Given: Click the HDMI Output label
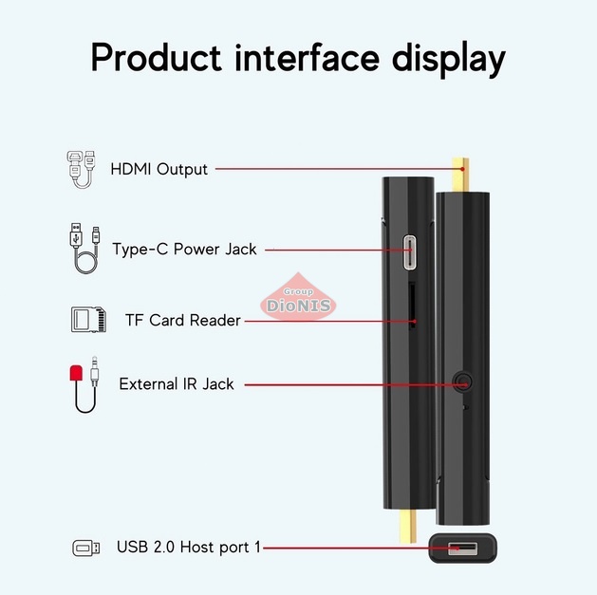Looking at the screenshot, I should tap(159, 170).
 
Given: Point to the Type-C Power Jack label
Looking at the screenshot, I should tap(184, 250).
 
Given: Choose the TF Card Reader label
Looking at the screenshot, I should tap(182, 321).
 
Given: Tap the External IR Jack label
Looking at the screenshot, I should tap(176, 384).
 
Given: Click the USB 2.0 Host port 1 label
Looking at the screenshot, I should tap(188, 548).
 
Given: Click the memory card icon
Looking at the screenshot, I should tap(87, 319).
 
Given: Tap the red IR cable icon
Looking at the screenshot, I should tap(84, 383).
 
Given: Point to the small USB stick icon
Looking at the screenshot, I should tap(85, 548).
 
